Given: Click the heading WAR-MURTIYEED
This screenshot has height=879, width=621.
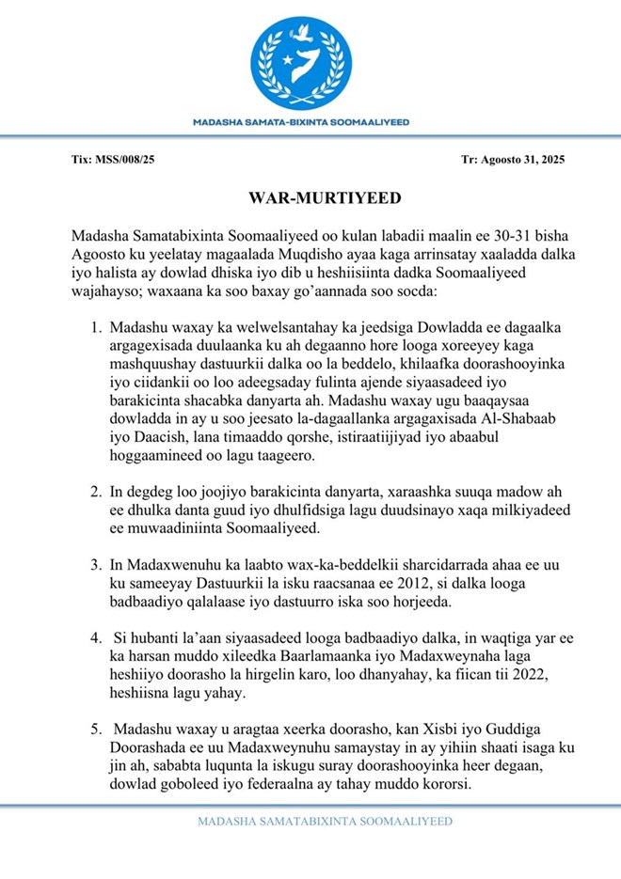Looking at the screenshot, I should (x=310, y=198).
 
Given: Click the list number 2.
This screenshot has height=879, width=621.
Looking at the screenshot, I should (x=96, y=491).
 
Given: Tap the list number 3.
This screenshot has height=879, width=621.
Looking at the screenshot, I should (x=96, y=564).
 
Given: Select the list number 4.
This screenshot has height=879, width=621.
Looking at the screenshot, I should (x=96, y=637).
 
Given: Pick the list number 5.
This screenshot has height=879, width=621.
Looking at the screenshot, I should (x=96, y=729).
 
